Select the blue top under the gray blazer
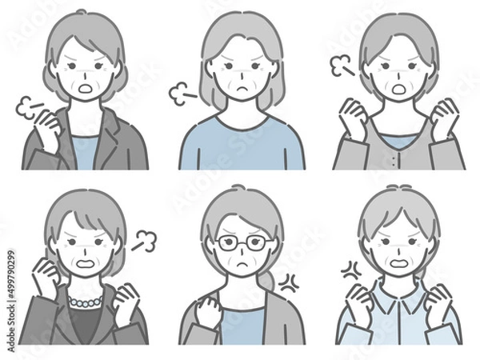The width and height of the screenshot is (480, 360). coord(85,152)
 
